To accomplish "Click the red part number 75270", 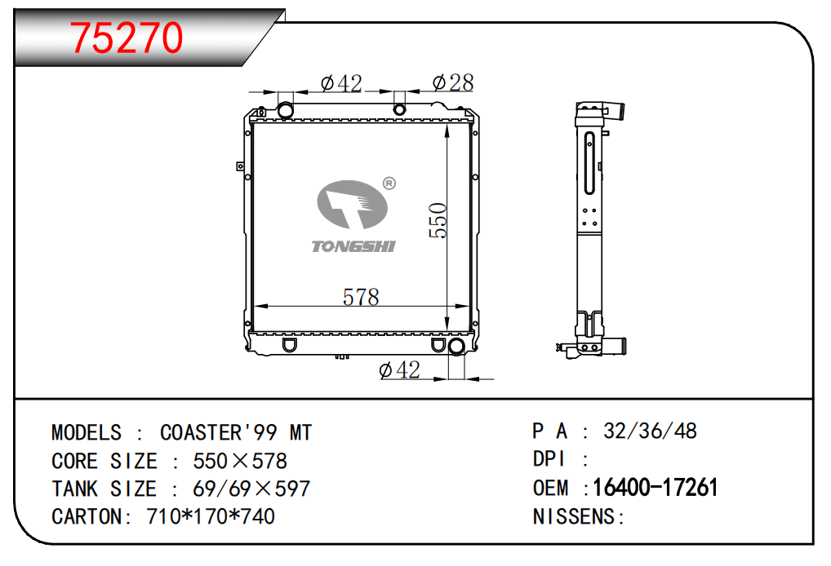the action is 127,38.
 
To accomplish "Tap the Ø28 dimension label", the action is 453,82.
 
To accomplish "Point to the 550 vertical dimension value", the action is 438,220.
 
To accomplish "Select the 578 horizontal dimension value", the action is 361,297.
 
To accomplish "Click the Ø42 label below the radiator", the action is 400,369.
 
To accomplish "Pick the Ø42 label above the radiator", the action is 341,83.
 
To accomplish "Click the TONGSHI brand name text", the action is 353,246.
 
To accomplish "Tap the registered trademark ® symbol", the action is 389,184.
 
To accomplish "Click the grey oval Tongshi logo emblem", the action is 353,205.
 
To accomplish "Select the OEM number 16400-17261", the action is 655,488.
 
